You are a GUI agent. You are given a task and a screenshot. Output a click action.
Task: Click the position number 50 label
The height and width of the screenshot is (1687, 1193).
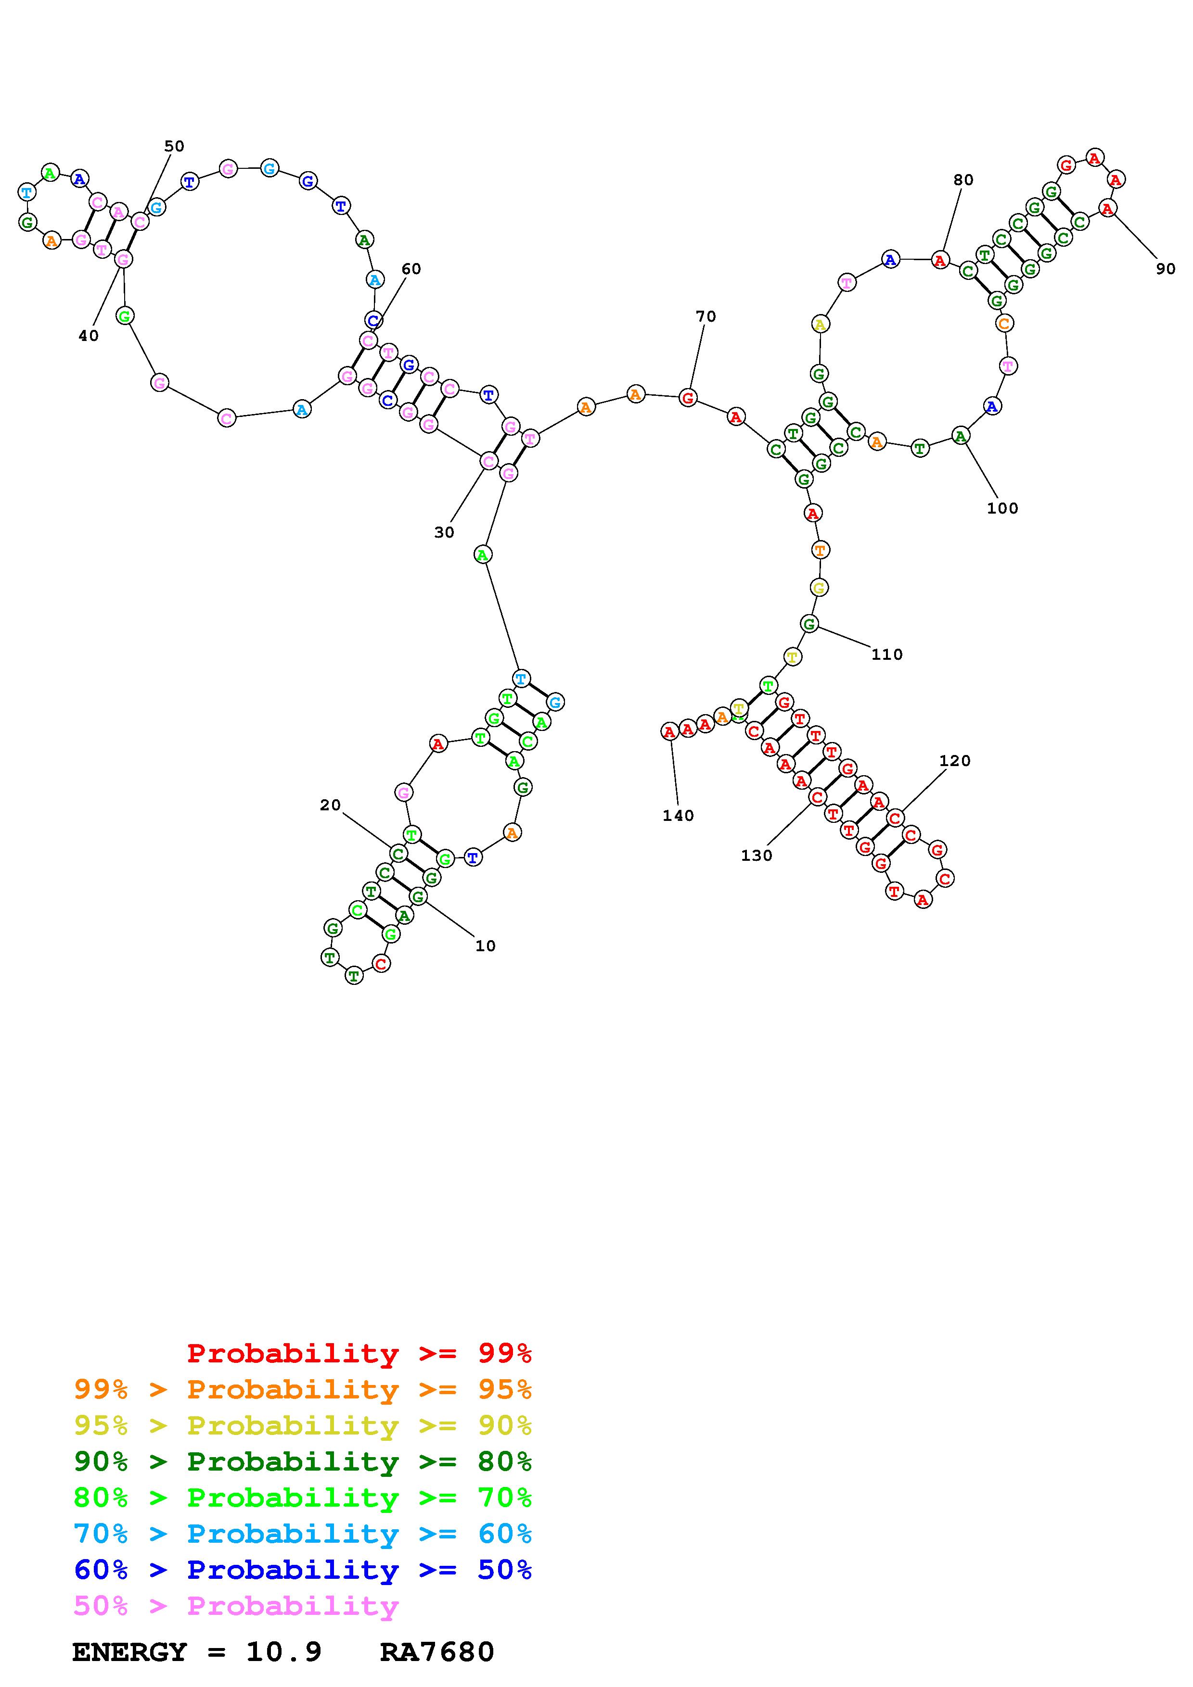(x=174, y=146)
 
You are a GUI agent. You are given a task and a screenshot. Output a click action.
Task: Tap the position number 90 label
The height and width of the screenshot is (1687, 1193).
(x=1166, y=269)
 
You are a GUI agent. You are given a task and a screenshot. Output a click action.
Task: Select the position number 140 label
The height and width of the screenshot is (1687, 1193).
(x=678, y=816)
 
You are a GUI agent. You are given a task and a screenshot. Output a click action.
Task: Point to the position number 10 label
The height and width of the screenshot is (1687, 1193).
(x=485, y=946)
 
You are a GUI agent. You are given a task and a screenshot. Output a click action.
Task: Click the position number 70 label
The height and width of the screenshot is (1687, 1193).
(x=706, y=317)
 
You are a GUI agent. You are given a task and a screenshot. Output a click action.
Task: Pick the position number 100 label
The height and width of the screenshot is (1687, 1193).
(x=1002, y=508)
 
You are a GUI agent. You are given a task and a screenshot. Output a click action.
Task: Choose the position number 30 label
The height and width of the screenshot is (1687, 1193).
(x=444, y=533)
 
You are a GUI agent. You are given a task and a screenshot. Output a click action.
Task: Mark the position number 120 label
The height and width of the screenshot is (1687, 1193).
(x=955, y=761)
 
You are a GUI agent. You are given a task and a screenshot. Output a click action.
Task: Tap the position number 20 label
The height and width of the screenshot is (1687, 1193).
(x=330, y=806)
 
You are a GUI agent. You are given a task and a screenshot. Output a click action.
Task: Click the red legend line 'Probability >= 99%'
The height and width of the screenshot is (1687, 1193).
(x=359, y=1353)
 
